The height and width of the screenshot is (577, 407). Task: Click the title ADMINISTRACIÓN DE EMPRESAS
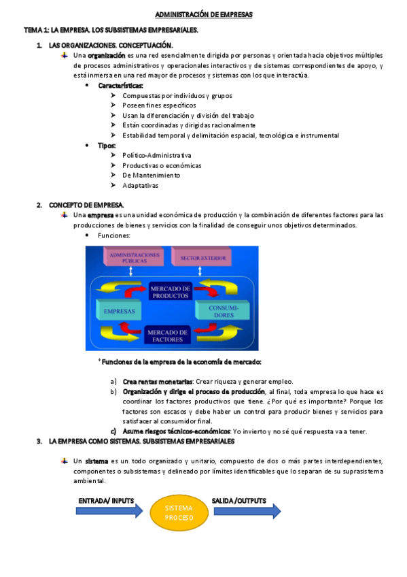tap(203, 14)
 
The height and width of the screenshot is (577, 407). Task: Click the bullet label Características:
tap(120, 86)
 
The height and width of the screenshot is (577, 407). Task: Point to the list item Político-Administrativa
tap(156, 156)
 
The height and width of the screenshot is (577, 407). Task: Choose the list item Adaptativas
tap(140, 186)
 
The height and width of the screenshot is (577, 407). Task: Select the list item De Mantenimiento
tap(152, 176)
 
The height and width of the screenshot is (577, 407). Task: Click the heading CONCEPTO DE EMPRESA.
tap(86, 205)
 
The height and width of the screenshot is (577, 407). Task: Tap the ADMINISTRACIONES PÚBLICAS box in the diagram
tap(134, 258)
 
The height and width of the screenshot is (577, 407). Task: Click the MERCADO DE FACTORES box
tap(166, 334)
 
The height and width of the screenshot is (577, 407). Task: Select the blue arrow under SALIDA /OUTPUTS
tap(246, 511)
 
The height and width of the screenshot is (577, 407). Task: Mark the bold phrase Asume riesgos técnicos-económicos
tap(177, 431)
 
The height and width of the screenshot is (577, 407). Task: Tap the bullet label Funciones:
tap(113, 235)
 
